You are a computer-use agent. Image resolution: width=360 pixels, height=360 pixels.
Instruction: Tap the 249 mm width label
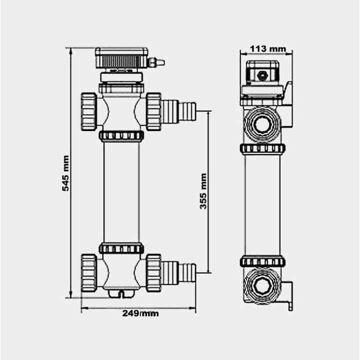tap(140, 313)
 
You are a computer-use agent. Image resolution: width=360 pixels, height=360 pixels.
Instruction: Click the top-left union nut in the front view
tap(89, 111)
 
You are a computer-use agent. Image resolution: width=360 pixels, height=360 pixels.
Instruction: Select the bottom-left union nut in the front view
tap(89, 272)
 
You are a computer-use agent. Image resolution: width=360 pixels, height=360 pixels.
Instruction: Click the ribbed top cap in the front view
tap(121, 58)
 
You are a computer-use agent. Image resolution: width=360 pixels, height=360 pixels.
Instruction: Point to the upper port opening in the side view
tap(261, 124)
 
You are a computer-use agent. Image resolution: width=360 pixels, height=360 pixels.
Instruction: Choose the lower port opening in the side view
tap(261, 285)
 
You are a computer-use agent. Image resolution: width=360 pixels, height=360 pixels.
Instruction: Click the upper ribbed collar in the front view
tap(121, 135)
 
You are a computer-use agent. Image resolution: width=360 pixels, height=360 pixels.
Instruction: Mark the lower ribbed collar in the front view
tap(121, 248)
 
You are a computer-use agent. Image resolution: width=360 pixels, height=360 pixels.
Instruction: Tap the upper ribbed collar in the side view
tap(262, 148)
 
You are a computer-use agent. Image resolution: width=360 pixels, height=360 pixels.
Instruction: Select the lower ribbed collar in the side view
tap(262, 261)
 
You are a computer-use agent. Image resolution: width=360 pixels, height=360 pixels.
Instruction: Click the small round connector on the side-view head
tap(261, 75)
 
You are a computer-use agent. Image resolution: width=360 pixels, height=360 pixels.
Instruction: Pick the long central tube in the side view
tap(262, 205)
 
